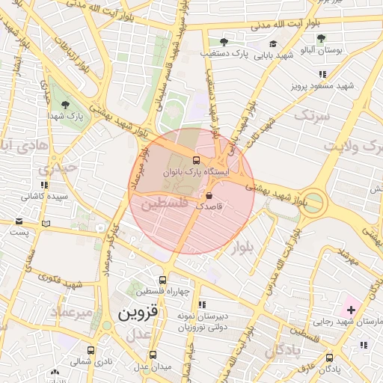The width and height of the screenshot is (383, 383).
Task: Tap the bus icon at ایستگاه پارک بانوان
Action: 197,159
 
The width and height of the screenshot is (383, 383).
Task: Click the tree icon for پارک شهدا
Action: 65,104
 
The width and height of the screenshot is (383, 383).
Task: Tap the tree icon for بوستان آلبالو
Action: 321,39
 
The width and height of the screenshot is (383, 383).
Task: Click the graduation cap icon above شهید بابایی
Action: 273,44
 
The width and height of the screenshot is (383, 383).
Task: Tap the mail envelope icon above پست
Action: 19,221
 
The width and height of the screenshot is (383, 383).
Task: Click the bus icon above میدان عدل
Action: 153,355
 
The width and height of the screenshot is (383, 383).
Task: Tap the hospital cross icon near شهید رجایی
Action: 352,309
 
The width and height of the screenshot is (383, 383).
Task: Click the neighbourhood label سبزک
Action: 310,115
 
